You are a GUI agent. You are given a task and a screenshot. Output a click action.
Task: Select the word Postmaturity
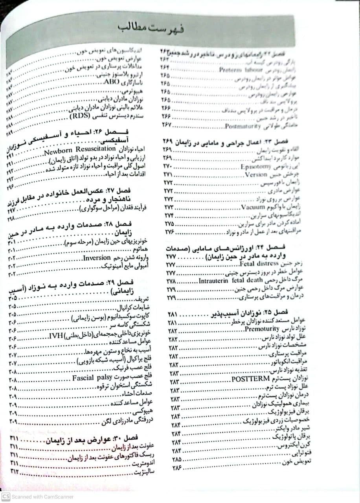243,126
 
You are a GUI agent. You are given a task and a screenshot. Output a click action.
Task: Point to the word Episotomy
255,167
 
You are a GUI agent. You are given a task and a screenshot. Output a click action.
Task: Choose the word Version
256,174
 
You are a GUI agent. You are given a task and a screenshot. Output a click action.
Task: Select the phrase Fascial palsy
94,379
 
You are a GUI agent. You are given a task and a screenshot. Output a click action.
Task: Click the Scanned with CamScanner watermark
39,497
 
